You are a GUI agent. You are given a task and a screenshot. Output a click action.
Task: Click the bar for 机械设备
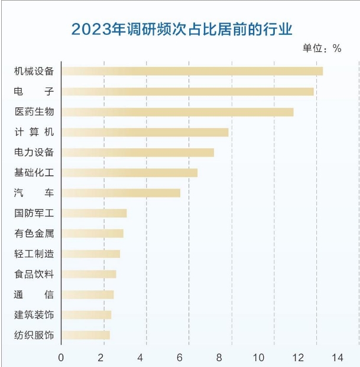[192, 71]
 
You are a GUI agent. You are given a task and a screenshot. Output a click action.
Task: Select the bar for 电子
[187, 92]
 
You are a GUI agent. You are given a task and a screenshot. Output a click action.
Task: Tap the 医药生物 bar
[177, 112]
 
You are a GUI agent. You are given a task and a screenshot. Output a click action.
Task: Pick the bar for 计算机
[145, 132]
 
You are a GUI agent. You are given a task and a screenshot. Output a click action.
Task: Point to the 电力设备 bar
[138, 152]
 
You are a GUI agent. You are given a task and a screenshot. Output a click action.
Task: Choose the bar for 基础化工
[129, 173]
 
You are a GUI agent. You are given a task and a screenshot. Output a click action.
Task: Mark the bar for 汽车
[121, 193]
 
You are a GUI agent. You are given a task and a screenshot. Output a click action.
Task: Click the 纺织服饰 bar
[86, 336]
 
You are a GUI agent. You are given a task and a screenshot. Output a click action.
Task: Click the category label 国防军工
[34, 213]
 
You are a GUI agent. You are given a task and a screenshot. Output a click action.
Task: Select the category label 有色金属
[34, 233]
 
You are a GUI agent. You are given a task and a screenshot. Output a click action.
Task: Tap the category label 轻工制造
[34, 254]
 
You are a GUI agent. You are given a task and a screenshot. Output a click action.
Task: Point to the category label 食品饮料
[34, 274]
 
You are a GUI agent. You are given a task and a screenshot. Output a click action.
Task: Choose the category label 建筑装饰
[34, 315]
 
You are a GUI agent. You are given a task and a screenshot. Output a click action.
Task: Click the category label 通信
[34, 294]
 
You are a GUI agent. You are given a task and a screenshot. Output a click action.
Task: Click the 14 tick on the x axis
[338, 357]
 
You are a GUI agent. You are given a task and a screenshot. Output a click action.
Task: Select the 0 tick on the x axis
[61, 357]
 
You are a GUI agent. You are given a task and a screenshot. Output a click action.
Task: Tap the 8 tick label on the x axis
[219, 357]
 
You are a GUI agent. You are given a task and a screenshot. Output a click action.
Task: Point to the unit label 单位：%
[322, 48]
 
